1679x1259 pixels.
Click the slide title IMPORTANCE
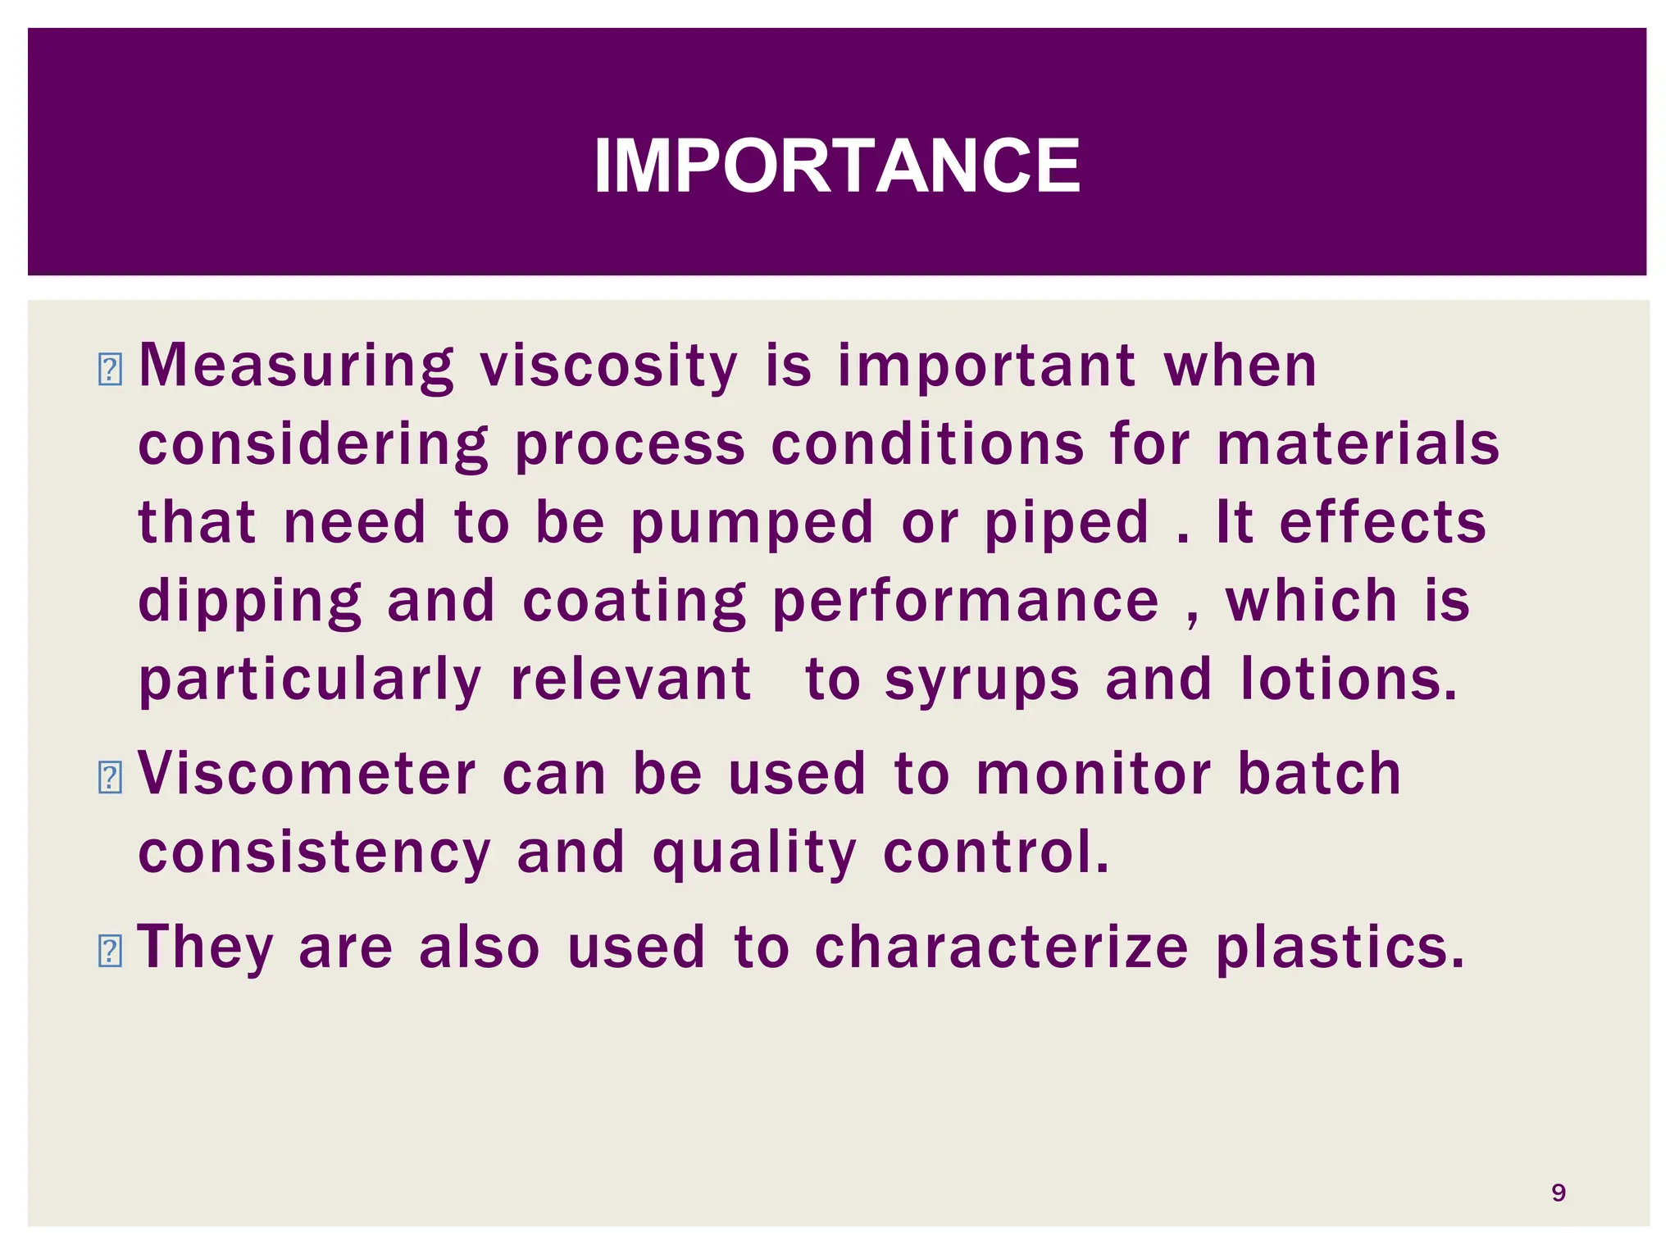tap(837, 166)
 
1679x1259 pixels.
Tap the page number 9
tap(1558, 1193)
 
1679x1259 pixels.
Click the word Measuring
tap(296, 366)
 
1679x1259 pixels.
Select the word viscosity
tap(608, 366)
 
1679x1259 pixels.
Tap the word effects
tap(1382, 523)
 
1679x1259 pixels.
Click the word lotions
tap(1349, 680)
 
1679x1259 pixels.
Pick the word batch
tap(1319, 774)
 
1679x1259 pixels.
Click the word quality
tap(754, 854)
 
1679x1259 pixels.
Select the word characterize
tap(1001, 948)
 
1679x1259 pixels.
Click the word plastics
tap(1340, 948)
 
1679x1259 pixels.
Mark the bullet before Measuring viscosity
tap(109, 369)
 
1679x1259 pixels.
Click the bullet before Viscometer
tap(109, 777)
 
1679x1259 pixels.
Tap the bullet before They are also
tap(109, 951)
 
